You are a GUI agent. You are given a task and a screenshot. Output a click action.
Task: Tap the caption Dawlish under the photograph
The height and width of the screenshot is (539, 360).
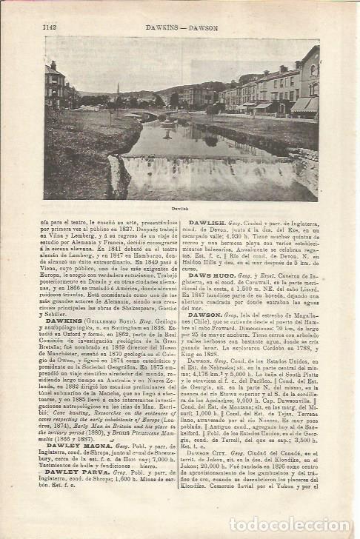click(181, 210)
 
